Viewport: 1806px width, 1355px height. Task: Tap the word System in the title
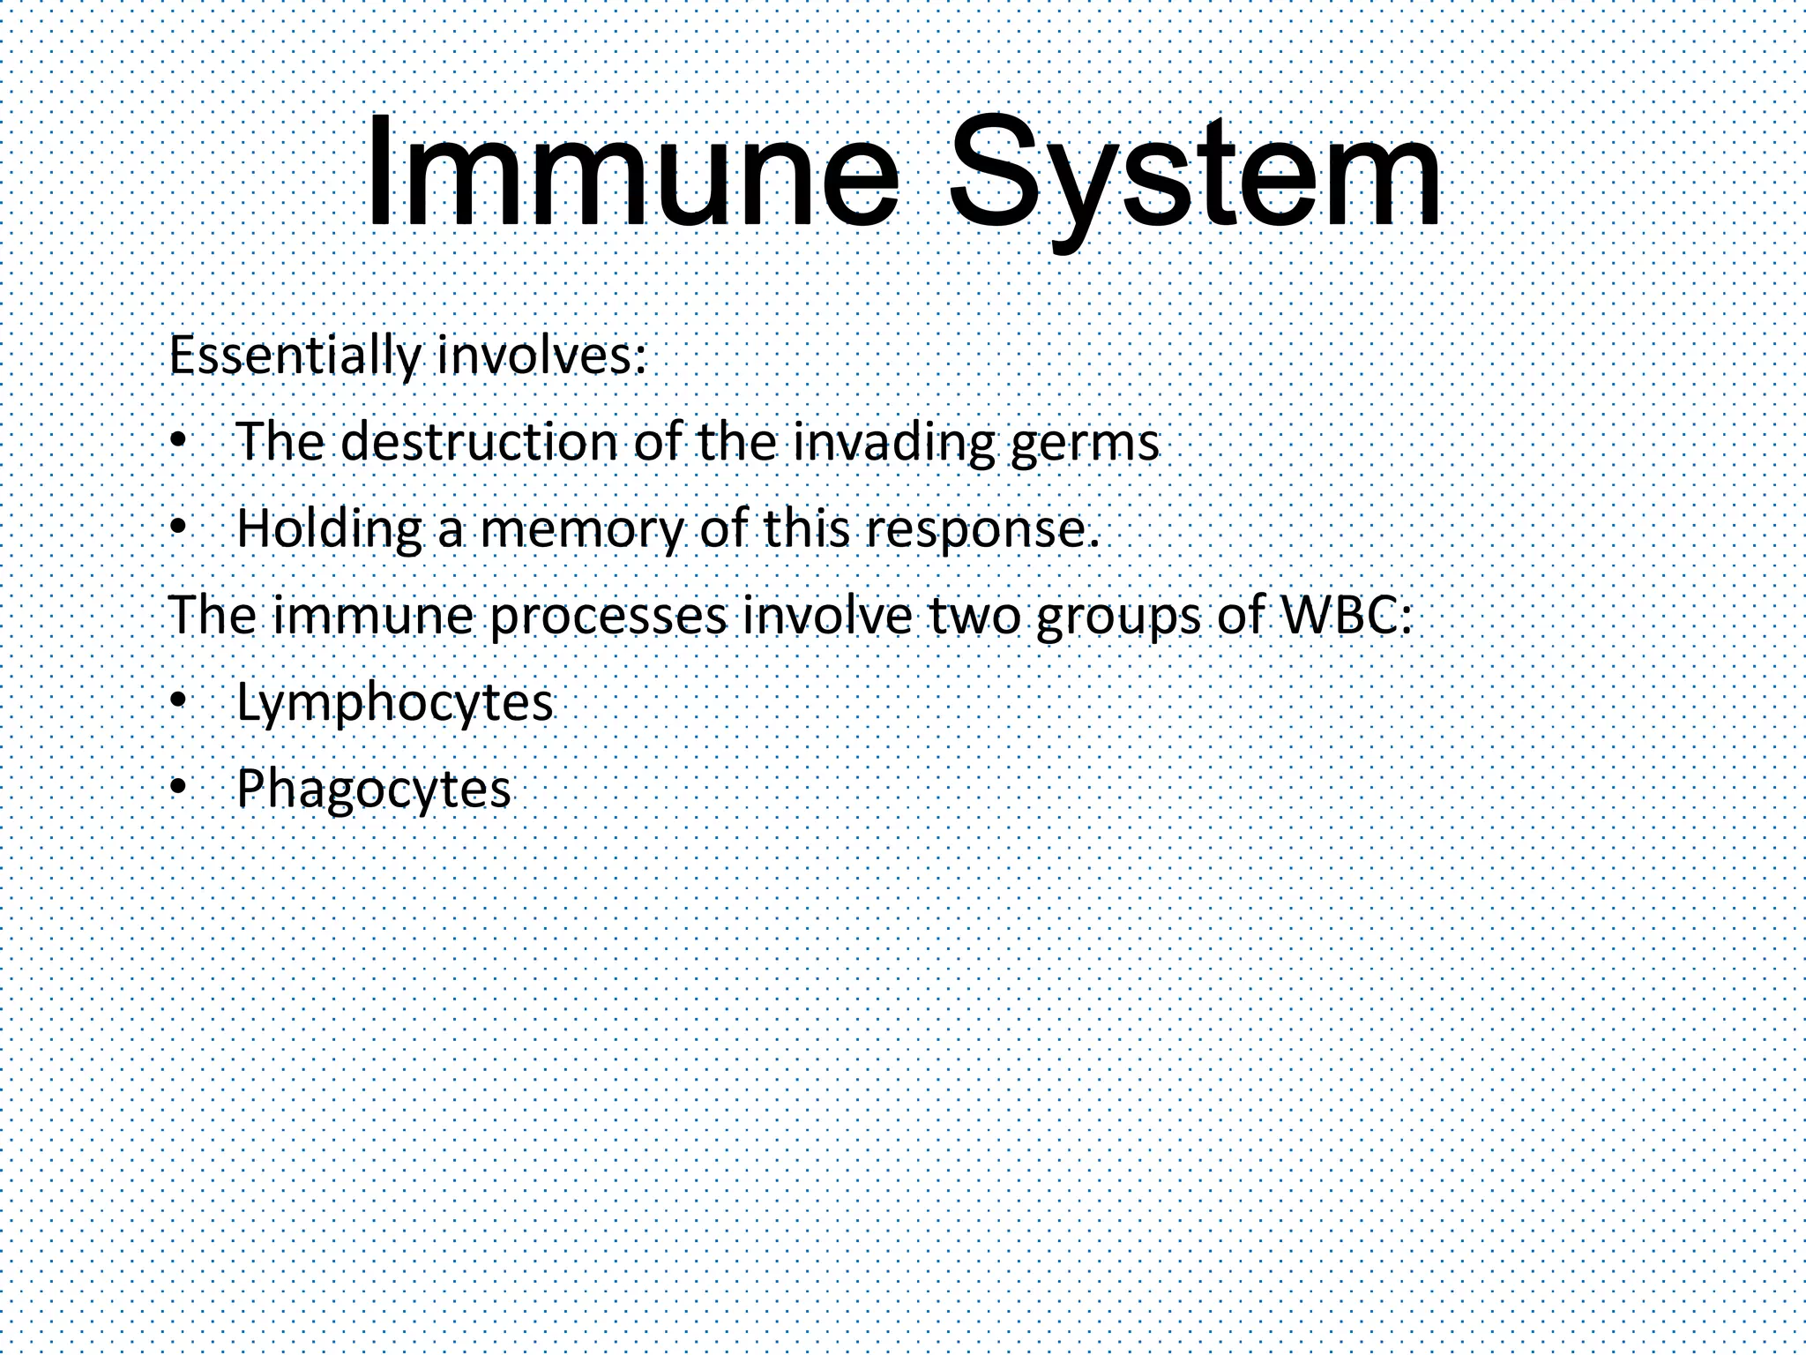1195,176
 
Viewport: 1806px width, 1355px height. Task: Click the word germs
1084,444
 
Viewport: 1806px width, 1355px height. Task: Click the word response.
981,529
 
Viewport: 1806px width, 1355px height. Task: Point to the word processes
608,615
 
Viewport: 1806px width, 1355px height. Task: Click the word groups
1117,616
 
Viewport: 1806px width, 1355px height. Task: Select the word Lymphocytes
394,702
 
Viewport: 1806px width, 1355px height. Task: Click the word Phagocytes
373,789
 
